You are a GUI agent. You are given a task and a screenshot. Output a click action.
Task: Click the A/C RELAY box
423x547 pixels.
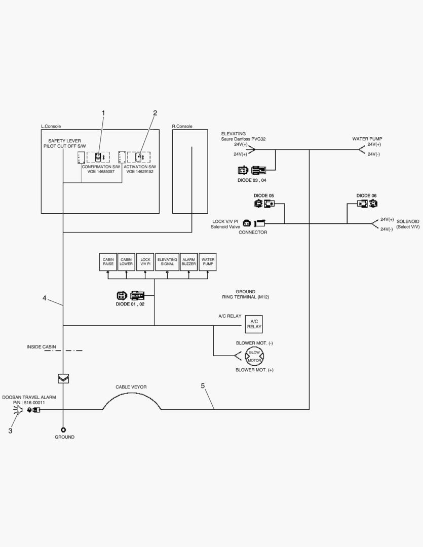254,324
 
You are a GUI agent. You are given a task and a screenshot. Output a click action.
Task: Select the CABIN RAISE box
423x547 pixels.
108,262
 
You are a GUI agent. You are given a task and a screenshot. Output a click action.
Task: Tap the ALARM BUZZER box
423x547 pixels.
189,262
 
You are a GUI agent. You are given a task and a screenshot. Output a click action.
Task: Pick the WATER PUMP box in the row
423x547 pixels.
208,262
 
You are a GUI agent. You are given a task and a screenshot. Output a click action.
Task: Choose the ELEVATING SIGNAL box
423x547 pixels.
167,262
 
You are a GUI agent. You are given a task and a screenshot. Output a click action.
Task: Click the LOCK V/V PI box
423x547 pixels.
145,262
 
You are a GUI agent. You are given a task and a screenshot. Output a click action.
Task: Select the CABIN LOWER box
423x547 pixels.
126,262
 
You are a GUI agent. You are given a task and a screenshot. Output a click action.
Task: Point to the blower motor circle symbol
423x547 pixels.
254,357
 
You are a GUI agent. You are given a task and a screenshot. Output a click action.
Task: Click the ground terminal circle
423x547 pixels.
63,429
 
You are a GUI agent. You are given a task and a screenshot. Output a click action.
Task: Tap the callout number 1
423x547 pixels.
103,112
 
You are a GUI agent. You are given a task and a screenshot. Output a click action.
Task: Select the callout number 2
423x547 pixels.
155,112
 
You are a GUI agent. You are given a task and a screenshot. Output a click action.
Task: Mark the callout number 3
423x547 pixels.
10,431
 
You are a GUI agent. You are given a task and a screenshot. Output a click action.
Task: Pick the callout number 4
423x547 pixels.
45,298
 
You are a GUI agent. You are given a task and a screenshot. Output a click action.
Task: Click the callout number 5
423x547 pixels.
203,386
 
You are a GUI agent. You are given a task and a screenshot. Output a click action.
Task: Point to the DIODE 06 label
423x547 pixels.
366,196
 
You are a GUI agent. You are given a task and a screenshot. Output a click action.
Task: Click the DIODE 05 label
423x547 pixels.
264,196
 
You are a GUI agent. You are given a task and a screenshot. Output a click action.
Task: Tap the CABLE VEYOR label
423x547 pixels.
131,387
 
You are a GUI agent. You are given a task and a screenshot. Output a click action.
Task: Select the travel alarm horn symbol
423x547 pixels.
19,409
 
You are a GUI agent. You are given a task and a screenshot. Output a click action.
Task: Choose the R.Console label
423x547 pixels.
182,126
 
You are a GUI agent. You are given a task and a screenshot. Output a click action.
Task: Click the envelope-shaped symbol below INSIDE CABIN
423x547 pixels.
63,378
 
